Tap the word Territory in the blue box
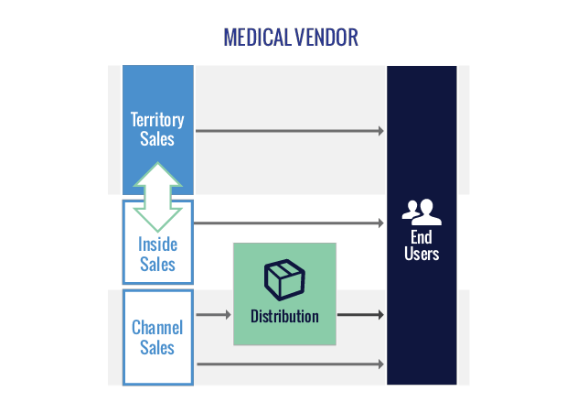pyautogui.click(x=157, y=120)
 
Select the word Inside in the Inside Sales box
pyautogui.click(x=157, y=245)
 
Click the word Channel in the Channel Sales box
pyautogui.click(x=157, y=327)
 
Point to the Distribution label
pyautogui.click(x=284, y=317)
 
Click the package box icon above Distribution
pyautogui.click(x=284, y=278)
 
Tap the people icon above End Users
pyautogui.click(x=422, y=212)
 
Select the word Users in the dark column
pyautogui.click(x=422, y=254)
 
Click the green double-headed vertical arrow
pyautogui.click(x=157, y=197)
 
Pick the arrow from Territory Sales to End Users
pyautogui.click(x=288, y=131)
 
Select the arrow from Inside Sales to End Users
pyautogui.click(x=288, y=223)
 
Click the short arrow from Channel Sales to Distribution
pyautogui.click(x=214, y=315)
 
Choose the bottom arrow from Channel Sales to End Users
pyautogui.click(x=288, y=364)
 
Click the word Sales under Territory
pyautogui.click(x=157, y=139)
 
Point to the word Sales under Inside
pyautogui.click(x=157, y=265)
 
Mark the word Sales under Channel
pyautogui.click(x=157, y=347)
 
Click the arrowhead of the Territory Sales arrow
pyautogui.click(x=381, y=131)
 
